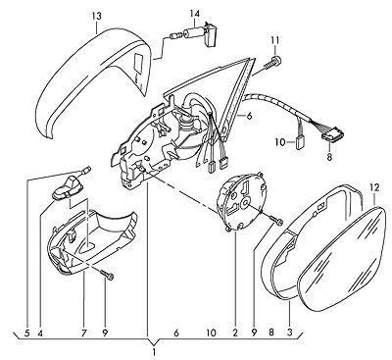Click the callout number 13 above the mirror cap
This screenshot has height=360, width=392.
point(97,16)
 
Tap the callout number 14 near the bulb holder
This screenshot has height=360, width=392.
point(194,14)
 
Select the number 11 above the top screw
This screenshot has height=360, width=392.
point(274,40)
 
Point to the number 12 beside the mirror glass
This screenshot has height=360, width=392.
point(374,187)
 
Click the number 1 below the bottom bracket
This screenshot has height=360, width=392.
point(154,353)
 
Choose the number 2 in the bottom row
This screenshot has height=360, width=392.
point(235,333)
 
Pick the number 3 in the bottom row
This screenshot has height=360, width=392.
point(289,333)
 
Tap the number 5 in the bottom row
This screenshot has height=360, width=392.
point(26,333)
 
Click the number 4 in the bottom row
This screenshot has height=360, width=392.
point(40,333)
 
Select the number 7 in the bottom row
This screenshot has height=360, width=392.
point(83,333)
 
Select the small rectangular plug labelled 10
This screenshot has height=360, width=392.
point(300,142)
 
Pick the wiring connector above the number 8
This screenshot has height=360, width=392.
point(333,134)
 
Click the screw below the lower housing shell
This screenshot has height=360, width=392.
point(107,275)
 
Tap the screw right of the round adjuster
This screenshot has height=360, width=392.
point(276,220)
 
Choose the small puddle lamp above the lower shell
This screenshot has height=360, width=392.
point(70,187)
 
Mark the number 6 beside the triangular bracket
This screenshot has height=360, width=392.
point(249,116)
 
